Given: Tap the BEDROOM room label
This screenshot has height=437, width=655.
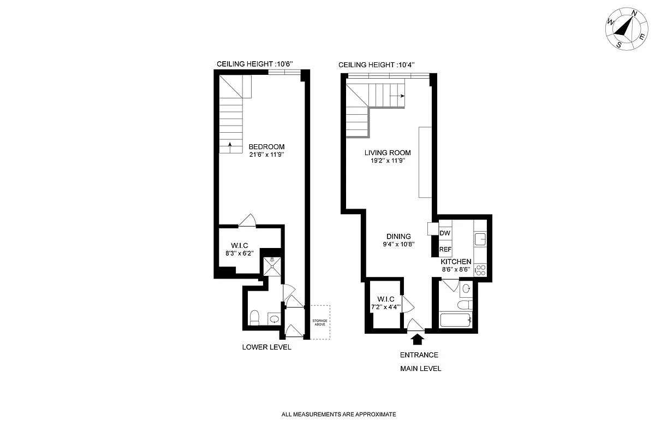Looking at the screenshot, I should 266,147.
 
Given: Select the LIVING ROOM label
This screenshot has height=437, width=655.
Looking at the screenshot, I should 388,153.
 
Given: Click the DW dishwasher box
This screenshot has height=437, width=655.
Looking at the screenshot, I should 445,233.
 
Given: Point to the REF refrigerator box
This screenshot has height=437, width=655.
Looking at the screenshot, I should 445,250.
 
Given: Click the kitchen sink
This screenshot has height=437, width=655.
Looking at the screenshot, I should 479,239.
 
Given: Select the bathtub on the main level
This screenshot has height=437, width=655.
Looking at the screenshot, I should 456,320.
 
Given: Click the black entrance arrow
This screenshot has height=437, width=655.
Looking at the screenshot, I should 418,339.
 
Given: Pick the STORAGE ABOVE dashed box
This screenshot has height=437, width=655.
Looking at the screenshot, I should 320,322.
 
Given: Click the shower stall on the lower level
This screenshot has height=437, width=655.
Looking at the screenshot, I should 271,265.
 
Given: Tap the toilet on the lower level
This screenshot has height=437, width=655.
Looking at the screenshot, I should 254,317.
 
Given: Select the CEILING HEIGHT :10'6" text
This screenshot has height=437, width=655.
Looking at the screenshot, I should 255,64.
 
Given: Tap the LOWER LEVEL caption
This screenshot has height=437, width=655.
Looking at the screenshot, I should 267,347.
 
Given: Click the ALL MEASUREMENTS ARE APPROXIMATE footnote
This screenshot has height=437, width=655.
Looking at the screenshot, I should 338,415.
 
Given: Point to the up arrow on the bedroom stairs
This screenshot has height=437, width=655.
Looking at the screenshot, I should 230,145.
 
